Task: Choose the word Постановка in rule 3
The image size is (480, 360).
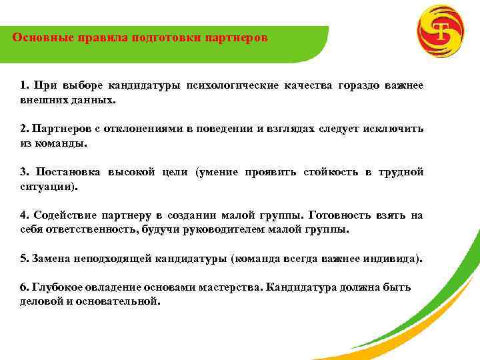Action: click(x=67, y=172)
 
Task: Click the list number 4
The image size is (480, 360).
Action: click(x=23, y=215)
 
